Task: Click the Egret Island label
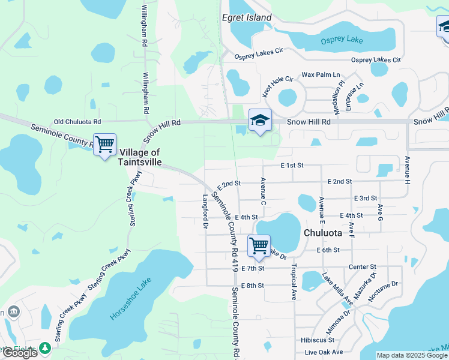pyautogui.click(x=247, y=18)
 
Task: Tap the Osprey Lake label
pyautogui.click(x=342, y=40)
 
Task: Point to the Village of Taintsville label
pyautogui.click(x=140, y=157)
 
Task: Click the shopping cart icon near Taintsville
pyautogui.click(x=105, y=144)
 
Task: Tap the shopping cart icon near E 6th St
pyautogui.click(x=259, y=245)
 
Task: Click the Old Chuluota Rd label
pyautogui.click(x=77, y=121)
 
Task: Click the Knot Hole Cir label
pyautogui.click(x=277, y=86)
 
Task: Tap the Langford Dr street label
pyautogui.click(x=205, y=212)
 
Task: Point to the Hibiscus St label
pyautogui.click(x=318, y=340)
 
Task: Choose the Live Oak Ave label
pyautogui.click(x=324, y=352)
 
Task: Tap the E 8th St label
pyautogui.click(x=252, y=286)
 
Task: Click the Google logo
pyautogui.click(x=20, y=353)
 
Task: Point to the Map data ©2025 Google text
pyautogui.click(x=412, y=355)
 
